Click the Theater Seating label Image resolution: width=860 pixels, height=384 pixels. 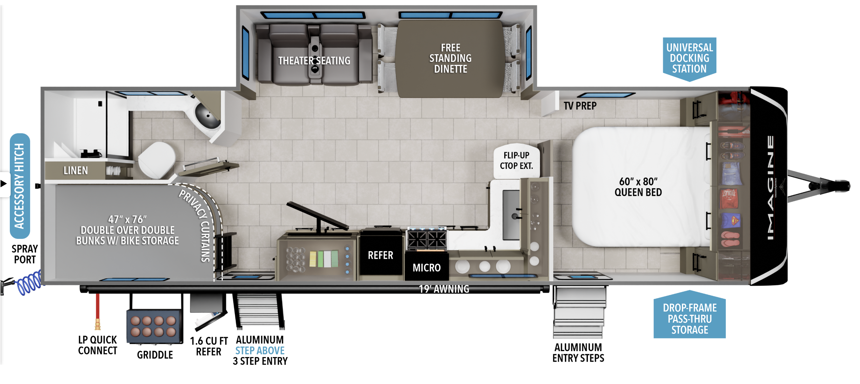click(x=314, y=61)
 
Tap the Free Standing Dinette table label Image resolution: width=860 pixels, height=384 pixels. click(x=450, y=58)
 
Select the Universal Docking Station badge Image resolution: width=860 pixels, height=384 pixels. click(x=689, y=58)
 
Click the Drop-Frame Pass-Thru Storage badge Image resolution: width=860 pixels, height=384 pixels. click(x=689, y=319)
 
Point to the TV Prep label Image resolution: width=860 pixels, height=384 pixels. click(x=580, y=106)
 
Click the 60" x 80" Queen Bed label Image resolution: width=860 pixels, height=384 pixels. click(x=638, y=187)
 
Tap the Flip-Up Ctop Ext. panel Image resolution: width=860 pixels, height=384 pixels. click(x=516, y=161)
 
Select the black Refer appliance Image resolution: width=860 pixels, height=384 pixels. click(x=381, y=255)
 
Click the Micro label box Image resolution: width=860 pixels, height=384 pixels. click(x=426, y=268)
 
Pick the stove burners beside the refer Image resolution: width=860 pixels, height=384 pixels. click(x=426, y=240)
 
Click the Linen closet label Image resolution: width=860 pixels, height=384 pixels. click(x=76, y=170)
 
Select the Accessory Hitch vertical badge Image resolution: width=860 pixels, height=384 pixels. click(x=20, y=186)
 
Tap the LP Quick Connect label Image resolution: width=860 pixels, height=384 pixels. click(x=97, y=345)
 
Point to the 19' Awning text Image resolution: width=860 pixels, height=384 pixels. click(x=444, y=289)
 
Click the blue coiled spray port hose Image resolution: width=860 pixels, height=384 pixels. click(x=29, y=283)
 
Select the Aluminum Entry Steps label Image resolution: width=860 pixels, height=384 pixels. click(x=578, y=353)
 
